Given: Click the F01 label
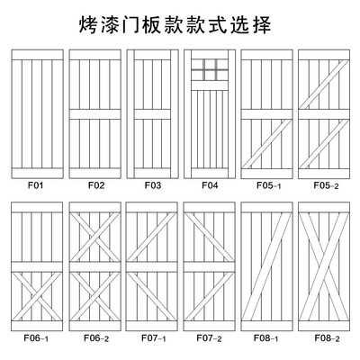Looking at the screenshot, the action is [x=36, y=185].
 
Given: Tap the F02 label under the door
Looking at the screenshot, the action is [x=96, y=185].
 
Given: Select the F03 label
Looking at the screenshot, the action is [x=153, y=185].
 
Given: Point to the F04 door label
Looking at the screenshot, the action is [x=210, y=185].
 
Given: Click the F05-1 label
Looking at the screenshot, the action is [x=269, y=185].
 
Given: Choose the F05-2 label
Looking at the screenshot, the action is [x=326, y=185].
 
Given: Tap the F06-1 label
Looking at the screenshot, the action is [x=36, y=338].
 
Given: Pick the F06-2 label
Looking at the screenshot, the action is [x=96, y=338].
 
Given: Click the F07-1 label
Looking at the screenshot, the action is [x=154, y=338].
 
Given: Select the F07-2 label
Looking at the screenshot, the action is [x=209, y=338].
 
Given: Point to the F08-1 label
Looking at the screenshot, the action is [x=265, y=338].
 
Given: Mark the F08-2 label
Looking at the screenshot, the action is [x=327, y=338].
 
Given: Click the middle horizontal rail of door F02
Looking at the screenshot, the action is [x=95, y=114].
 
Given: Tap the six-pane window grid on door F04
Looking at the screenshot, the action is [x=210, y=69].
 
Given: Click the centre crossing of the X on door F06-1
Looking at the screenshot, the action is [x=37, y=296].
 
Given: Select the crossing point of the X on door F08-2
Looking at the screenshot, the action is [x=324, y=267].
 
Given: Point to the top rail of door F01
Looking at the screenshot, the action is [x=38, y=55].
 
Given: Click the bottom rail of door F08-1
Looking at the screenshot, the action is [x=266, y=326].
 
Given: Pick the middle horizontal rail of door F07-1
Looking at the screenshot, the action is [x=152, y=267].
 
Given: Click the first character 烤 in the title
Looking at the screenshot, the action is [x=88, y=24].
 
